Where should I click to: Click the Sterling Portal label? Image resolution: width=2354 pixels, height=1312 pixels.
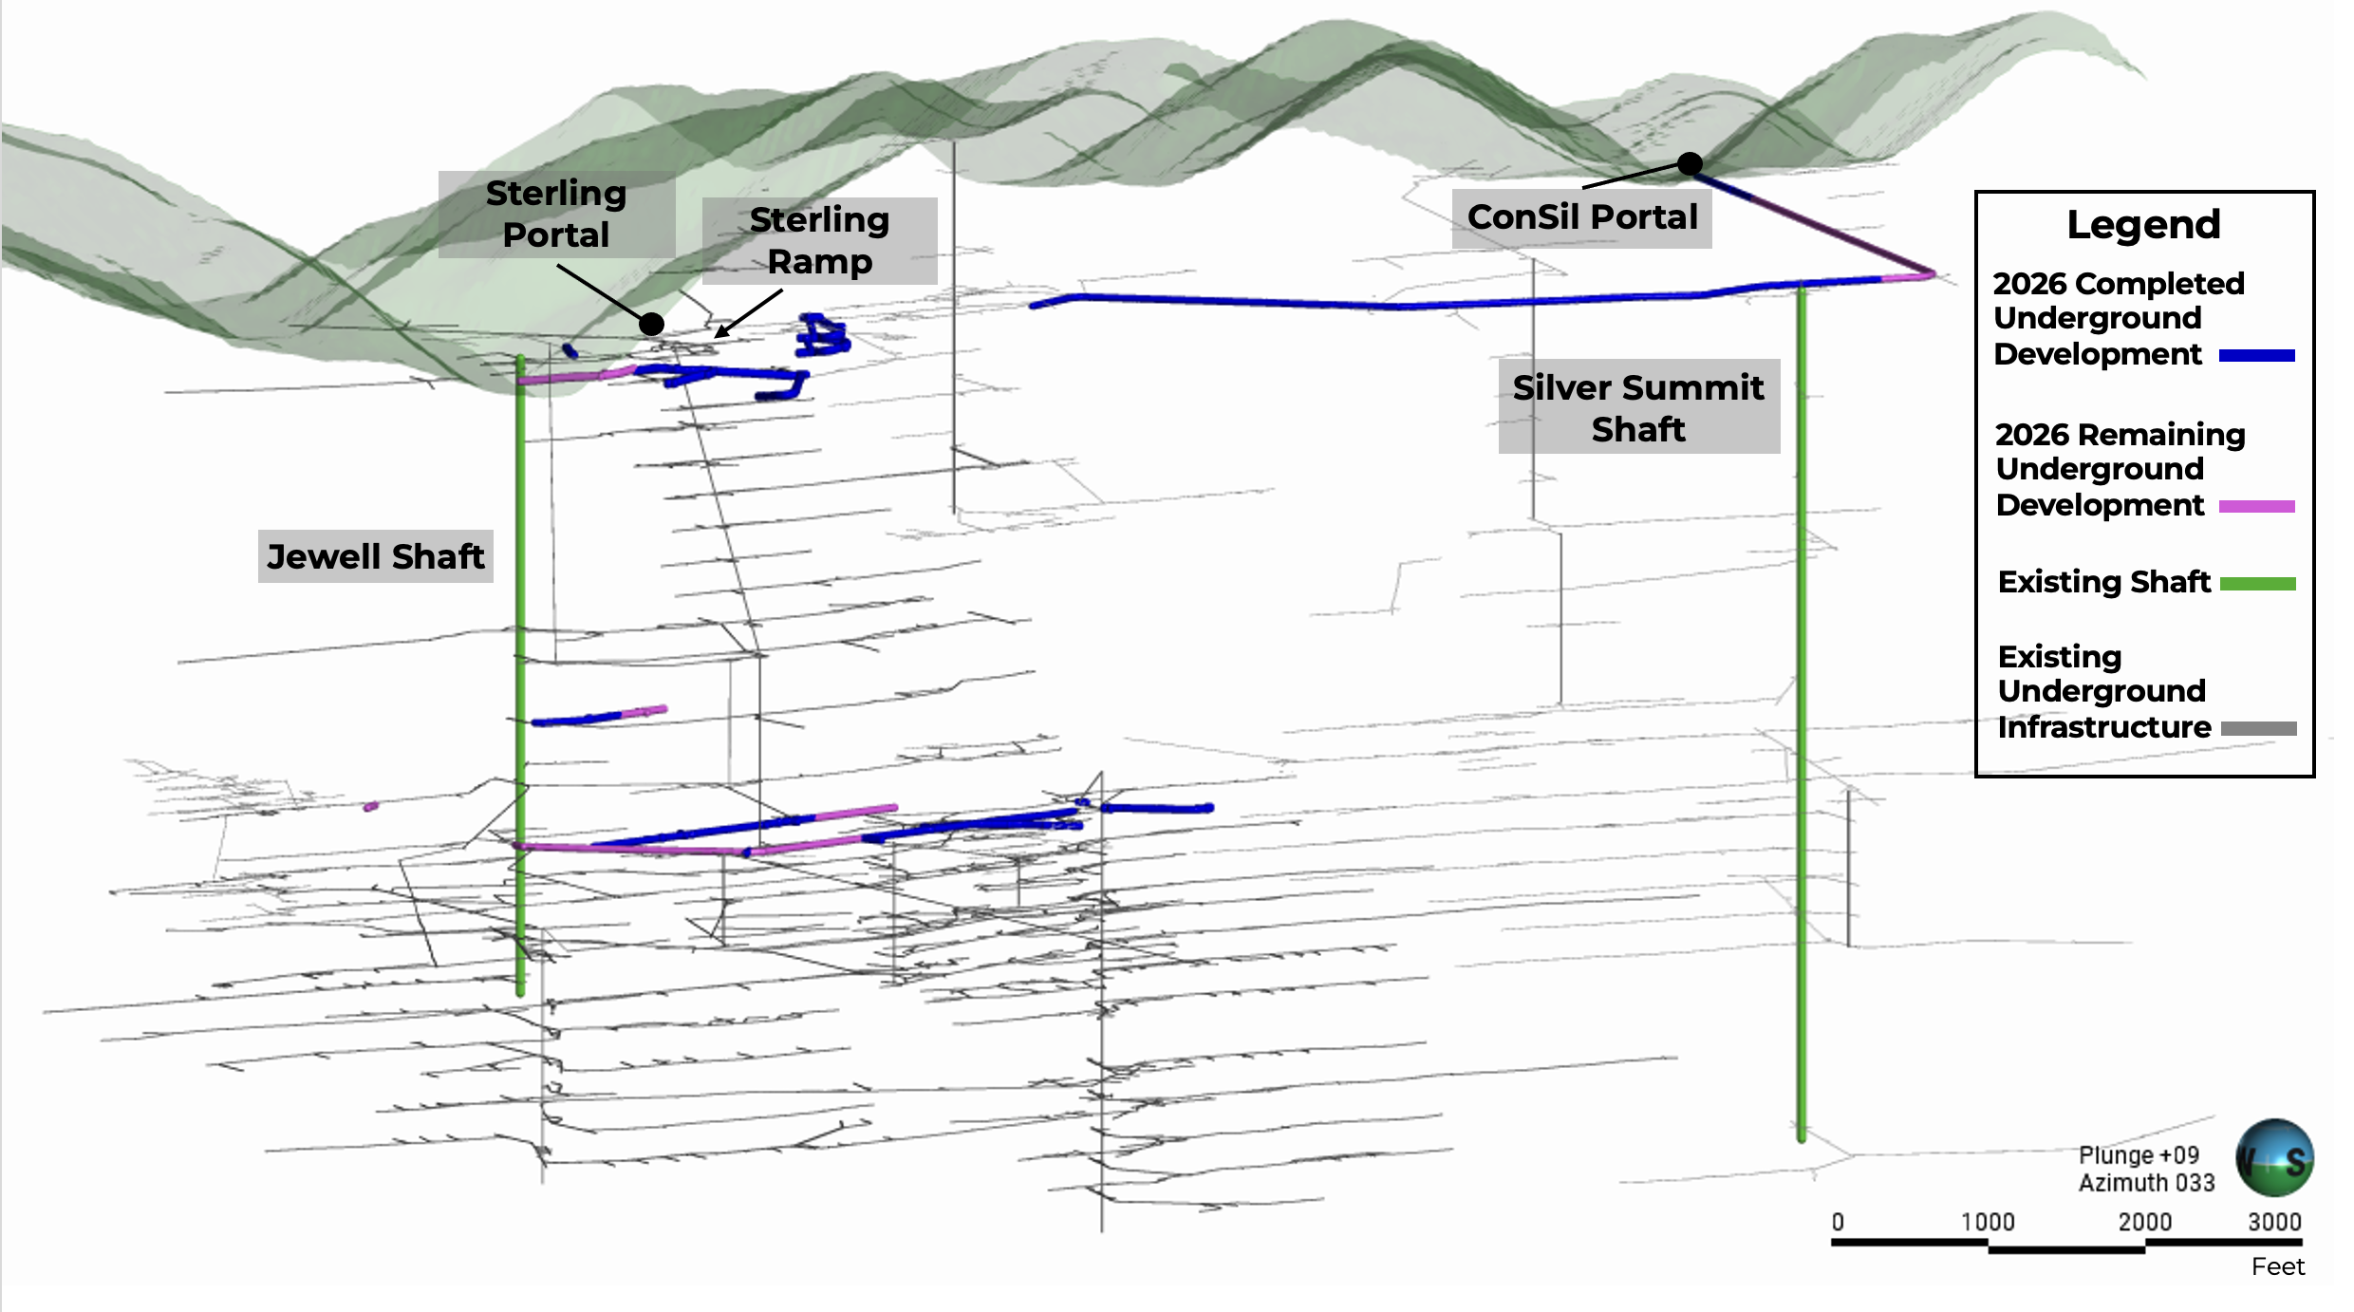point(556,214)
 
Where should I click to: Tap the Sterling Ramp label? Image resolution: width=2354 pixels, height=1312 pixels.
point(820,240)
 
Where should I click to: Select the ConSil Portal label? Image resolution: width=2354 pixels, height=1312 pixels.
point(1582,217)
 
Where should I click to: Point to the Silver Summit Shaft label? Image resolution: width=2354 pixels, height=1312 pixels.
point(1639,407)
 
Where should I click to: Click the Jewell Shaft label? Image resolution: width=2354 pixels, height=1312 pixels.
point(376,556)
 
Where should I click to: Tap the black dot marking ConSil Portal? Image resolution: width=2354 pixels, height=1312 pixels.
point(1690,164)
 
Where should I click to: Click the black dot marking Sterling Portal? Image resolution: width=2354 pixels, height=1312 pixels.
point(651,324)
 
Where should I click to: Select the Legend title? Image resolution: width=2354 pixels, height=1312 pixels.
point(2143,225)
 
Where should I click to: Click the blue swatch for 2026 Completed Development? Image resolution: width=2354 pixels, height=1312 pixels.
point(2256,356)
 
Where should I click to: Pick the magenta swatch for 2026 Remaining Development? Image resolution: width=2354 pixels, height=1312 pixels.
point(2256,507)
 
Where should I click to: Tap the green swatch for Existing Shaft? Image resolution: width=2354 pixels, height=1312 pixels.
point(2257,584)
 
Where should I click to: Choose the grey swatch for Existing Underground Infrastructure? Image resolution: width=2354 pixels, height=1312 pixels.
point(2258,729)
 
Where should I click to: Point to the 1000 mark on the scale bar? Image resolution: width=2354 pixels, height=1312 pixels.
point(1989,1243)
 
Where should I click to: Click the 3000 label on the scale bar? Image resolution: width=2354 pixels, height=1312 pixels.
point(2274,1222)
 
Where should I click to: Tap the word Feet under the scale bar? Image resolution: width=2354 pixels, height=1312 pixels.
point(2278,1266)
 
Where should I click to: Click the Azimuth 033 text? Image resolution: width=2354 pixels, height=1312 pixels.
point(2146,1183)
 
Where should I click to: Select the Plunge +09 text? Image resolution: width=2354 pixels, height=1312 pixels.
point(2139,1155)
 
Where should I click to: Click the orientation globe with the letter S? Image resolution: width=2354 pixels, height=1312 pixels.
point(2274,1158)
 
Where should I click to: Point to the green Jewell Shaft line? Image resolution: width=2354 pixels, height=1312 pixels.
point(520,676)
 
